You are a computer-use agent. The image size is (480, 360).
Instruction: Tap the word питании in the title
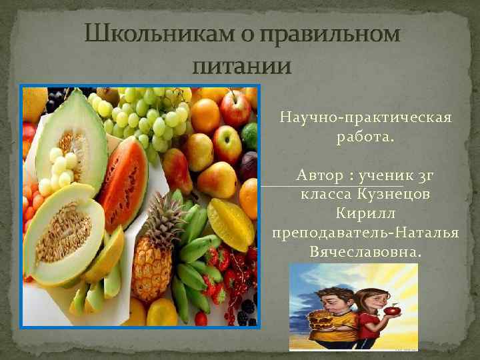click(241, 66)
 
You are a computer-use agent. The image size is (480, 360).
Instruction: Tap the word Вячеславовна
click(365, 252)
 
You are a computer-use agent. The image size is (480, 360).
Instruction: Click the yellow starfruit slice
click(230, 223)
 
